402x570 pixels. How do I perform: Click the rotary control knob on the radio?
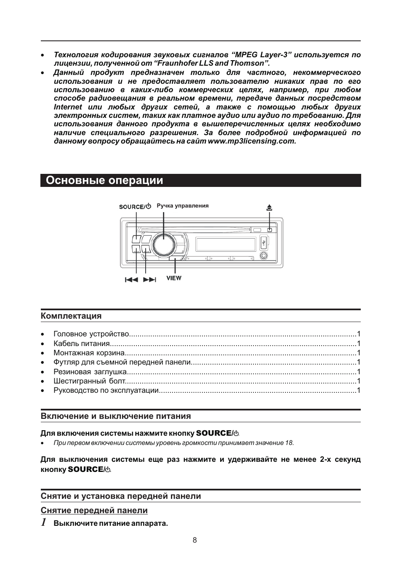point(163,244)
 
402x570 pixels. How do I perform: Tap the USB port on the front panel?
point(264,242)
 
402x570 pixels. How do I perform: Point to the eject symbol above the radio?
point(269,207)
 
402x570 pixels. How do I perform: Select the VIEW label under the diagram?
point(174,278)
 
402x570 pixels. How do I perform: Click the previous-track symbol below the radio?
point(132,280)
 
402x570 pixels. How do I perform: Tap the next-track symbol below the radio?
point(149,280)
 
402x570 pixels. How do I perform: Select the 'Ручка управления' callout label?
point(183,206)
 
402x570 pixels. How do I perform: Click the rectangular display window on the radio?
point(226,245)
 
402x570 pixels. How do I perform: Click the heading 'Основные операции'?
point(104,181)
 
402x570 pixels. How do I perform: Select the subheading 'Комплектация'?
point(71,316)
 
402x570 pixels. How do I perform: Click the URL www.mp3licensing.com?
point(252,141)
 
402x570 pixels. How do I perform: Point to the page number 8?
point(194,540)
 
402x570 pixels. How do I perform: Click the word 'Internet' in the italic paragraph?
point(68,107)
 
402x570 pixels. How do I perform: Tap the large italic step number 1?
point(44,522)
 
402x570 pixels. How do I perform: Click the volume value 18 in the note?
point(289,443)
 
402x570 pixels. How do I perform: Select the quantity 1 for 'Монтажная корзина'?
point(359,353)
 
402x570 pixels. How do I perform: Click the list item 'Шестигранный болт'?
point(89,381)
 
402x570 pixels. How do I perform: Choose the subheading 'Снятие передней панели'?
point(94,510)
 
